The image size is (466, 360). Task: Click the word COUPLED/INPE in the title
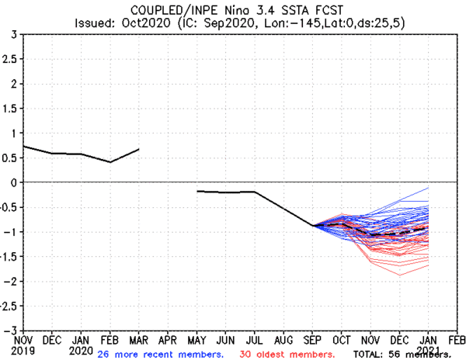tap(152, 8)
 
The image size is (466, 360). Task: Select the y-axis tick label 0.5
tap(11, 157)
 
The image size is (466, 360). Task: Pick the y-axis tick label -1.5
tap(9, 256)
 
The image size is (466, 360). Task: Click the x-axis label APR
tap(168, 340)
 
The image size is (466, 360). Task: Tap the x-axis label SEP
tap(312, 340)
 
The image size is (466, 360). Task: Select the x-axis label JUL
tap(254, 340)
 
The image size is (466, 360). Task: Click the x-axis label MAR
tap(138, 340)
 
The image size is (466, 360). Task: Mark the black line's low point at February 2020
tap(110, 162)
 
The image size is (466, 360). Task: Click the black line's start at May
tap(196, 191)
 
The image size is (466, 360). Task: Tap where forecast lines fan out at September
tap(312, 225)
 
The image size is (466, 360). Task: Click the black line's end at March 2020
tap(138, 149)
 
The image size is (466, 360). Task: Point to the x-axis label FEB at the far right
tap(457, 340)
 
